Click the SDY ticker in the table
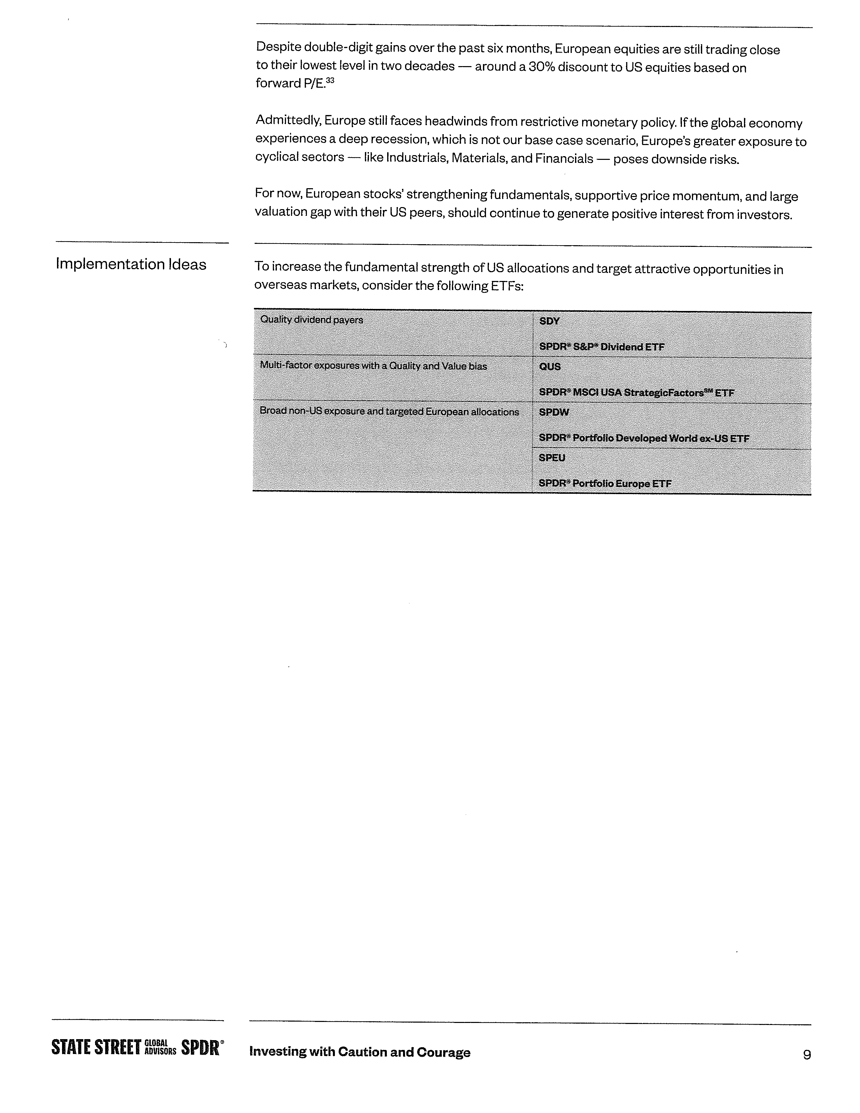click(x=549, y=321)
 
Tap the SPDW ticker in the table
click(x=553, y=412)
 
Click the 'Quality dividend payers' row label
click(x=311, y=319)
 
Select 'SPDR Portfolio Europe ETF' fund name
click(x=605, y=483)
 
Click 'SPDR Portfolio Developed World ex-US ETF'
click(x=644, y=438)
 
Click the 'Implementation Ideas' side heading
click(x=131, y=264)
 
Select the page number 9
click(x=806, y=1054)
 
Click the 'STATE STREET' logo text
click(x=96, y=1048)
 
